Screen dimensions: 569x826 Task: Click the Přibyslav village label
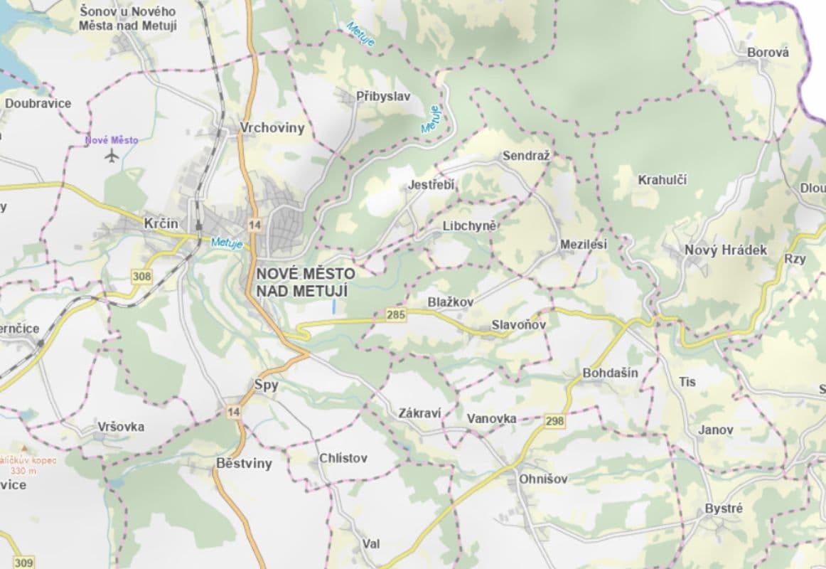pos(383,97)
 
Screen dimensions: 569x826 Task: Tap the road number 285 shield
pos(395,314)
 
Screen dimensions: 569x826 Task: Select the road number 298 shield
pos(554,421)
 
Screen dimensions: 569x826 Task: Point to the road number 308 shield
pos(141,275)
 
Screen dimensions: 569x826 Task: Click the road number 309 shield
pos(23,563)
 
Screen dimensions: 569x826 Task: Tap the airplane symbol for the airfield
pos(112,156)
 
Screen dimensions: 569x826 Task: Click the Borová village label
pos(768,52)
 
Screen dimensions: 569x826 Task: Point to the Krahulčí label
pos(662,180)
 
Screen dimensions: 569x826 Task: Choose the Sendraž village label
pos(526,156)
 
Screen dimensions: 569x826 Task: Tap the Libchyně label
pos(468,225)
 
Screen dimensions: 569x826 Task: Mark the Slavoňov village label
pos(518,325)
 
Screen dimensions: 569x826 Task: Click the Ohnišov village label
pos(543,479)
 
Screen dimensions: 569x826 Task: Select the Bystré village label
pos(723,509)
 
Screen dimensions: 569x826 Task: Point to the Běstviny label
pos(244,464)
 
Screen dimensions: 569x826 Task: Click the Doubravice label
pos(38,103)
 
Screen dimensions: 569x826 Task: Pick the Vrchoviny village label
pos(272,128)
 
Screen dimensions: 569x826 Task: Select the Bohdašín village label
pos(610,373)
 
